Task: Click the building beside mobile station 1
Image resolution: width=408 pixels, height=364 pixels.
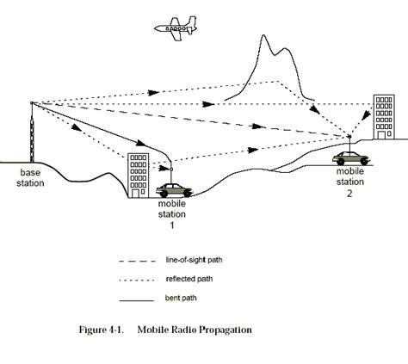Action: [139, 176]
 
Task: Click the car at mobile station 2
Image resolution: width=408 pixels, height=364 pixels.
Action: [352, 157]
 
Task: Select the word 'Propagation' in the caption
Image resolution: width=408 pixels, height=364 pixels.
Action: [224, 329]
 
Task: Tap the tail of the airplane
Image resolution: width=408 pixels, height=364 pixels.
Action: [195, 23]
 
